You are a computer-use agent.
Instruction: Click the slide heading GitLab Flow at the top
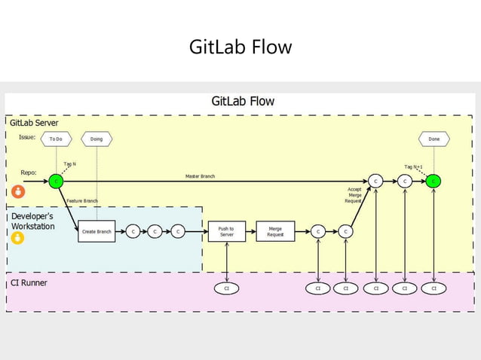coord(240,47)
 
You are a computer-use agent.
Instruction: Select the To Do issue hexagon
coord(56,139)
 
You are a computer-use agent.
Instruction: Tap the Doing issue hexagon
coord(97,139)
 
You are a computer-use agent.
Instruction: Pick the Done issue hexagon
coord(434,139)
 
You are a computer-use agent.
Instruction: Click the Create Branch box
coord(97,232)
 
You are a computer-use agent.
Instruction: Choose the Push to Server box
coord(226,232)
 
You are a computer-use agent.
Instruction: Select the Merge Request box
coord(275,232)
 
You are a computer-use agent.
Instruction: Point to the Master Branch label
coord(200,176)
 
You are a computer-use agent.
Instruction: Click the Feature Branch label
coord(82,201)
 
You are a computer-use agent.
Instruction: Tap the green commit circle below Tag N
coord(56,182)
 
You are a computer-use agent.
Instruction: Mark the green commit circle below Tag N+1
coord(434,182)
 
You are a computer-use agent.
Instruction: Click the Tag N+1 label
coord(413,166)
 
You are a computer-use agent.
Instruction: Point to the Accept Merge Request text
coord(354,195)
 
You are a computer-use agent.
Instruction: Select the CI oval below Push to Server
coord(226,288)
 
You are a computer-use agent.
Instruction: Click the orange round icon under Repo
coord(19,191)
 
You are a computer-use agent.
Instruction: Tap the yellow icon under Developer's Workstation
coord(17,238)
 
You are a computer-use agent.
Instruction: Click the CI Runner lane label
coord(28,283)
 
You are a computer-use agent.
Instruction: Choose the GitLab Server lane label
coord(34,122)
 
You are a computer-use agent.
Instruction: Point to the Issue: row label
coord(27,137)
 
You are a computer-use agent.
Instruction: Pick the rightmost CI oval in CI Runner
coord(434,288)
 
